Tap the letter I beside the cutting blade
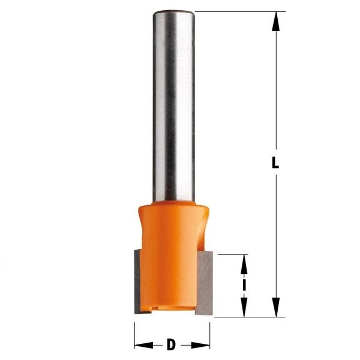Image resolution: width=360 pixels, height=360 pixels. [245, 285]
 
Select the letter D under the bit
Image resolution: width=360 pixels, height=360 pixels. [172, 345]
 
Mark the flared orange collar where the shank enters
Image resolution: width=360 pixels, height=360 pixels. [172, 211]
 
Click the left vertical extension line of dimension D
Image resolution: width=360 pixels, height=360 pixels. [134, 333]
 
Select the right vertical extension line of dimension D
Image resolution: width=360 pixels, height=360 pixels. [210, 333]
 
